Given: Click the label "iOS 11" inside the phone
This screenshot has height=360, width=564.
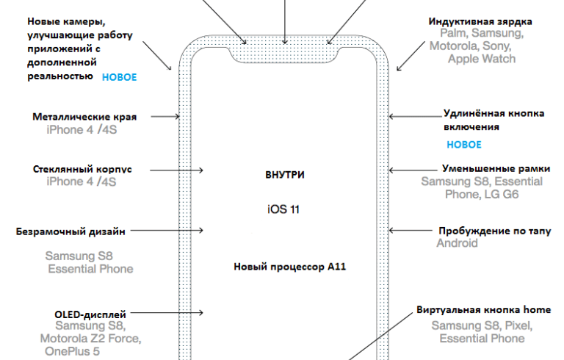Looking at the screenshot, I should [x=284, y=210].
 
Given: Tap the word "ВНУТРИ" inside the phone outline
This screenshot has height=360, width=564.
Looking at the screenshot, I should [x=284, y=176].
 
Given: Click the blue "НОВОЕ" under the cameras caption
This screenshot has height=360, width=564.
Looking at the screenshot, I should [x=118, y=77].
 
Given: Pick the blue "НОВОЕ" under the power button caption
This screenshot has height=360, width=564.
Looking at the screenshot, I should [x=464, y=145].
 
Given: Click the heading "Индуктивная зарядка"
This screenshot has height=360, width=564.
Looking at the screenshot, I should [x=481, y=21].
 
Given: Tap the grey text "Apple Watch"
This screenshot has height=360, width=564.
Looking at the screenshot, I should [x=481, y=59].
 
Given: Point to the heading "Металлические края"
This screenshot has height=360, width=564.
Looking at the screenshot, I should [x=84, y=117].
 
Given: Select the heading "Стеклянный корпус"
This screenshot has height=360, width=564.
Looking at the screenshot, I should [x=82, y=169].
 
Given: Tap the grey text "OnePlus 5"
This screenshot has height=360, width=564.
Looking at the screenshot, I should [x=72, y=351].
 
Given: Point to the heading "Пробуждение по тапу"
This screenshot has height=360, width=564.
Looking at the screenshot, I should [x=494, y=231].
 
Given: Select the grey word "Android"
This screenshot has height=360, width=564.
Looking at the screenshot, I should [x=457, y=243].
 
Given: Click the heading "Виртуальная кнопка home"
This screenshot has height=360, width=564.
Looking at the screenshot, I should [x=483, y=309].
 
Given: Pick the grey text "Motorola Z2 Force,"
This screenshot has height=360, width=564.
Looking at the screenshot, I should [x=90, y=339].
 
